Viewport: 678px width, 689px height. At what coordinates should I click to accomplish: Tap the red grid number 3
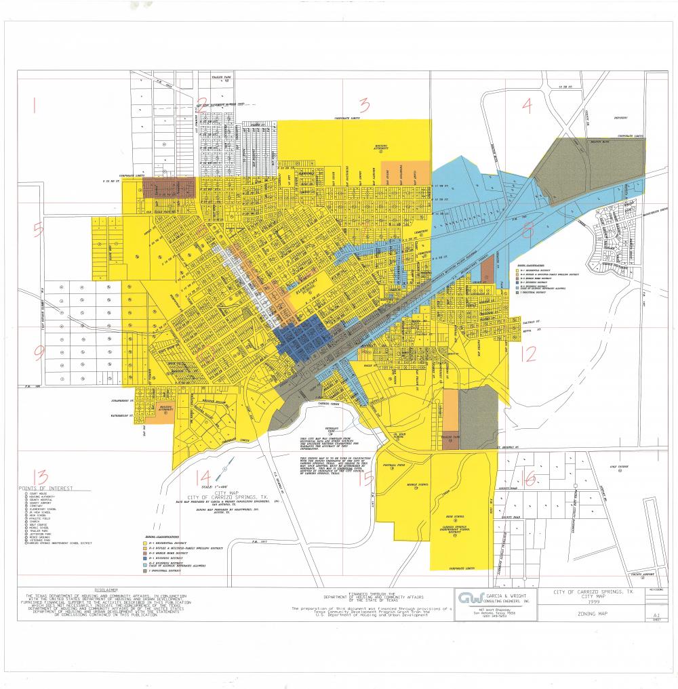pos(364,105)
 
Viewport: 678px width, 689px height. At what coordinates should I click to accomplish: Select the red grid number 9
pos(39,352)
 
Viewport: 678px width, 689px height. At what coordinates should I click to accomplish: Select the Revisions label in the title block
pos(656,589)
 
